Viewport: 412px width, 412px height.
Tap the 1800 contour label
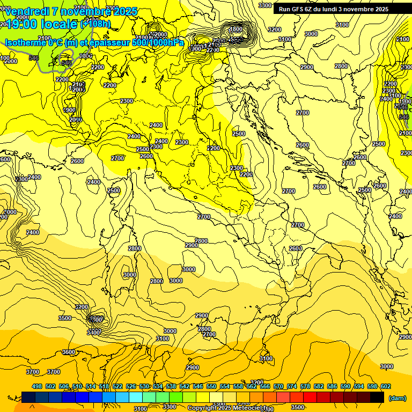236,29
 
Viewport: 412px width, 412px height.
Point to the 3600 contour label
69,352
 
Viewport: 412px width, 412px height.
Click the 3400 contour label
93,333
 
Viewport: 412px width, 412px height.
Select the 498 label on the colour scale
36,386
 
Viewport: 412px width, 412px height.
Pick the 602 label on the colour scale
385,386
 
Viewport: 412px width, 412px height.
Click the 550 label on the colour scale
211,386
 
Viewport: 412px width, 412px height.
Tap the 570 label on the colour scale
278,386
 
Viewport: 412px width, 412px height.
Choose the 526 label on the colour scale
130,386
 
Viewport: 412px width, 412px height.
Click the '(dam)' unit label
397,398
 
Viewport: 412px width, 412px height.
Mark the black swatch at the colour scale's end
377,398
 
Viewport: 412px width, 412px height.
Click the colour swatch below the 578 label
310,398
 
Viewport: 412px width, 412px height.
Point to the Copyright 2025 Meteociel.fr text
227,408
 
